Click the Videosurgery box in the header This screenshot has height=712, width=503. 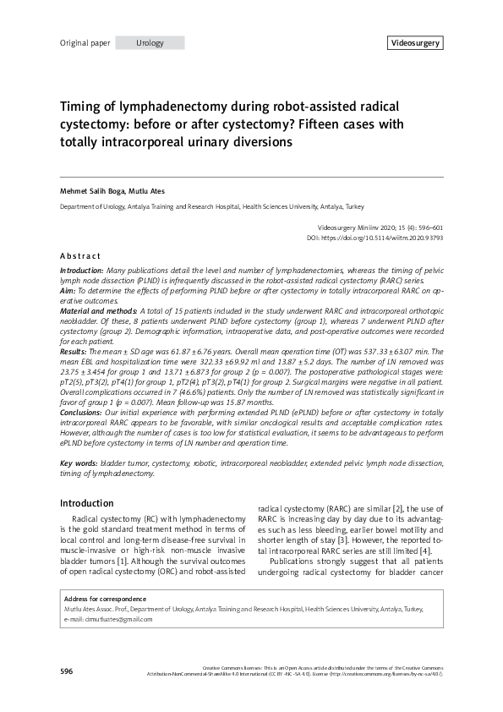click(x=415, y=43)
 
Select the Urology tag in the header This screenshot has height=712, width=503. click(x=150, y=43)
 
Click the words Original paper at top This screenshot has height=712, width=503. click(x=85, y=43)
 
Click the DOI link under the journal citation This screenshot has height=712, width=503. click(x=396, y=238)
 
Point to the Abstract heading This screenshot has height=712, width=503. click(x=80, y=255)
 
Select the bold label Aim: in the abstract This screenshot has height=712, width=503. click(x=68, y=290)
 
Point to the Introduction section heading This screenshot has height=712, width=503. click(x=91, y=504)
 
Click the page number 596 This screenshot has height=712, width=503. click(x=66, y=671)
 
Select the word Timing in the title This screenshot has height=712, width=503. click(x=81, y=107)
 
